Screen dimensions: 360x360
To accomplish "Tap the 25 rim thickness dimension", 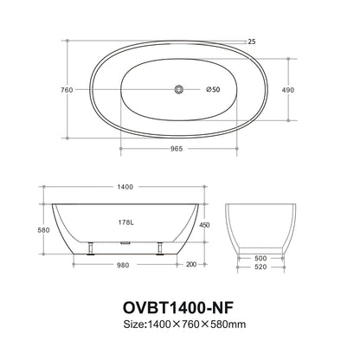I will (x=252, y=41).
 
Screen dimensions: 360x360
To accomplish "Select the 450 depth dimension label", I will (x=204, y=224).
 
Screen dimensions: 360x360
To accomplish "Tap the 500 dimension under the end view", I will (x=262, y=258).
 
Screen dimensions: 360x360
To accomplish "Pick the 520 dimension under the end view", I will (x=262, y=267).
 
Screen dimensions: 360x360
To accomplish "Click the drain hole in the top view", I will (x=179, y=89).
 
